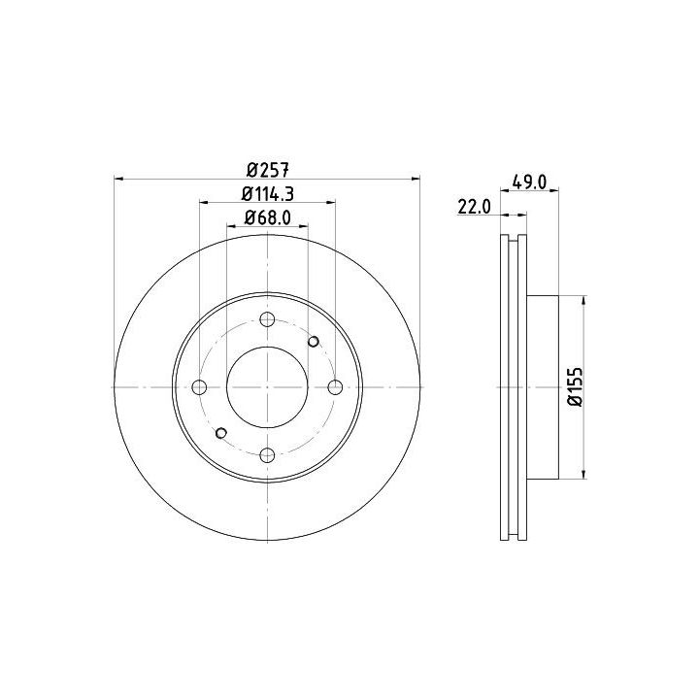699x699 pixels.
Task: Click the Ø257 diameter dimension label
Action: coord(268,170)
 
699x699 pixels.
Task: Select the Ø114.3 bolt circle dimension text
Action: coord(268,194)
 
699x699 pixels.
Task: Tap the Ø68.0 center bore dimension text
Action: coord(268,218)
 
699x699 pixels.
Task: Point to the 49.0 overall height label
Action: coord(529,182)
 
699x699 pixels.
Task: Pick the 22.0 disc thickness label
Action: coord(474,207)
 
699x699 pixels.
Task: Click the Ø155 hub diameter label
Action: coord(576,386)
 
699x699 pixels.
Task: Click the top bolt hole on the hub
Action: coord(267,319)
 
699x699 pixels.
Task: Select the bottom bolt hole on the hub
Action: coord(267,455)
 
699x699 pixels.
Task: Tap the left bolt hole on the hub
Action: coord(199,387)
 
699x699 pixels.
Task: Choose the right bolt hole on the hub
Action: coord(335,387)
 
